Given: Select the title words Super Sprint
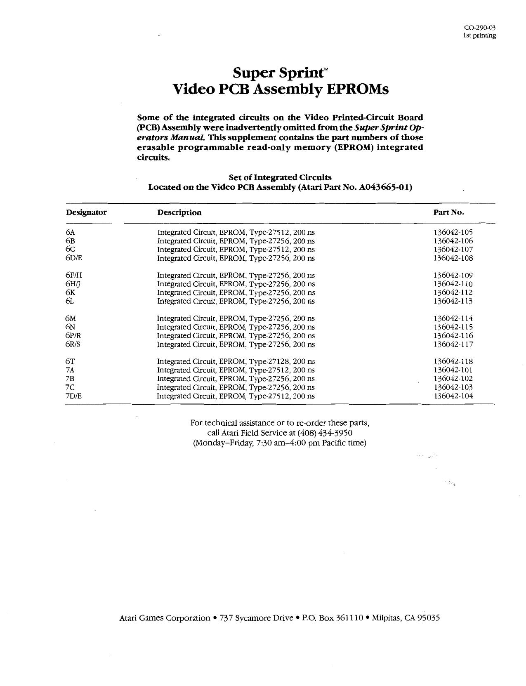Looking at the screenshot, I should click(x=278, y=73).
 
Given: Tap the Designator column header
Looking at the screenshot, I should click(x=86, y=212).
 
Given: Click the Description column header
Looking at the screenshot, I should click(x=179, y=213).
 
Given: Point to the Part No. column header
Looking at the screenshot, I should click(x=448, y=212).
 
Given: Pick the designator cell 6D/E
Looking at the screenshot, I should click(x=74, y=258).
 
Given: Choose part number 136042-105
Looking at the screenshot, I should click(x=453, y=232).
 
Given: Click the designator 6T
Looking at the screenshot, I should click(x=70, y=361).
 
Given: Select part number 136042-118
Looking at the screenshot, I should click(x=453, y=361).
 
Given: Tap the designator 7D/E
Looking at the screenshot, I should click(x=74, y=396).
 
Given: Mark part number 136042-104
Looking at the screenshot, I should click(x=453, y=396).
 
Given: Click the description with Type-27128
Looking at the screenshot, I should click(x=236, y=361).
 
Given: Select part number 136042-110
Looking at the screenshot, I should click(x=453, y=284).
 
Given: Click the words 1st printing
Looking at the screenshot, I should click(x=479, y=35).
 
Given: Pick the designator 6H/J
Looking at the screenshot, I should click(x=73, y=284).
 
